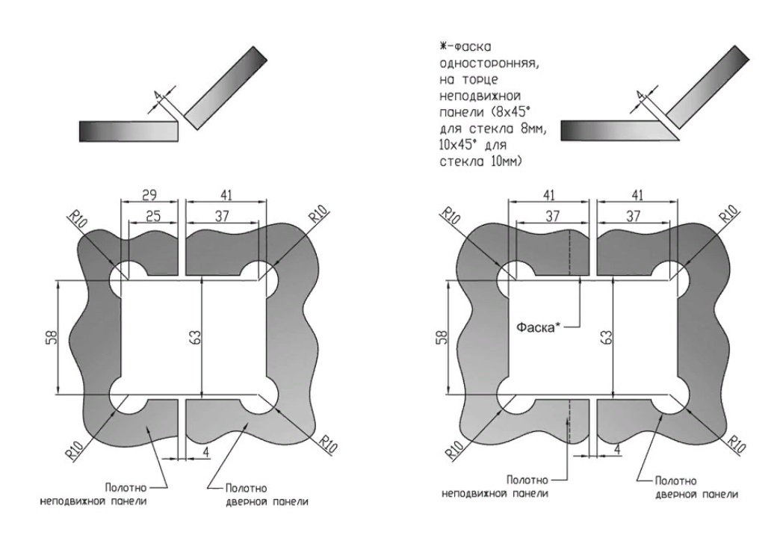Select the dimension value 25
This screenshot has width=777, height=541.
(x=152, y=216)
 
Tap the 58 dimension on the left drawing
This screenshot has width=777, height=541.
(x=49, y=337)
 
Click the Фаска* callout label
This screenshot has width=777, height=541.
(x=540, y=327)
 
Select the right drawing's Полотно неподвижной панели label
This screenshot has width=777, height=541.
(x=495, y=486)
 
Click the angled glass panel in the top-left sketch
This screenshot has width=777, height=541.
(x=225, y=86)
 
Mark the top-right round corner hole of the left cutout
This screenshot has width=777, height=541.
(x=262, y=276)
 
